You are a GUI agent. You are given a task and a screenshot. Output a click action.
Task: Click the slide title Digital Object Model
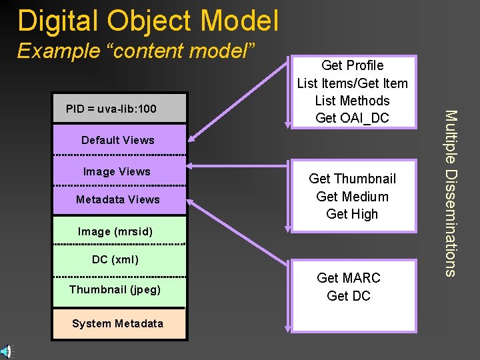[148, 21]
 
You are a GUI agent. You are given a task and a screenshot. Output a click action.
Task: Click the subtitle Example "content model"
[137, 51]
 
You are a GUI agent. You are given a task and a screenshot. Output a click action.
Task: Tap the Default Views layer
[118, 140]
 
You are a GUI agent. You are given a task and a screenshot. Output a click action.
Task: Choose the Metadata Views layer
[118, 199]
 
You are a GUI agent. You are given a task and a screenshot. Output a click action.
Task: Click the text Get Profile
[352, 65]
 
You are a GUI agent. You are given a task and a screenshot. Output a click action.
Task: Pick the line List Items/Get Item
[352, 83]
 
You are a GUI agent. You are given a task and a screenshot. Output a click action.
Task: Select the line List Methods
[352, 101]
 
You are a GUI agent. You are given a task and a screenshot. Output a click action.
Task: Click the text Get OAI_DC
[352, 118]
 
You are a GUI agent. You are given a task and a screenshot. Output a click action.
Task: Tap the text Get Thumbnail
[352, 179]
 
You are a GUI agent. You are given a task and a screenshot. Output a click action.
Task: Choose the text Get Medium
[352, 197]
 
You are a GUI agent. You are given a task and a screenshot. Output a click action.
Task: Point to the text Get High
[352, 214]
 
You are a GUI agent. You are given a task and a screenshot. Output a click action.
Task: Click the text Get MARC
[348, 278]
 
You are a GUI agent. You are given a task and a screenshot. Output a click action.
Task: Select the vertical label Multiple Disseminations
[451, 193]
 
